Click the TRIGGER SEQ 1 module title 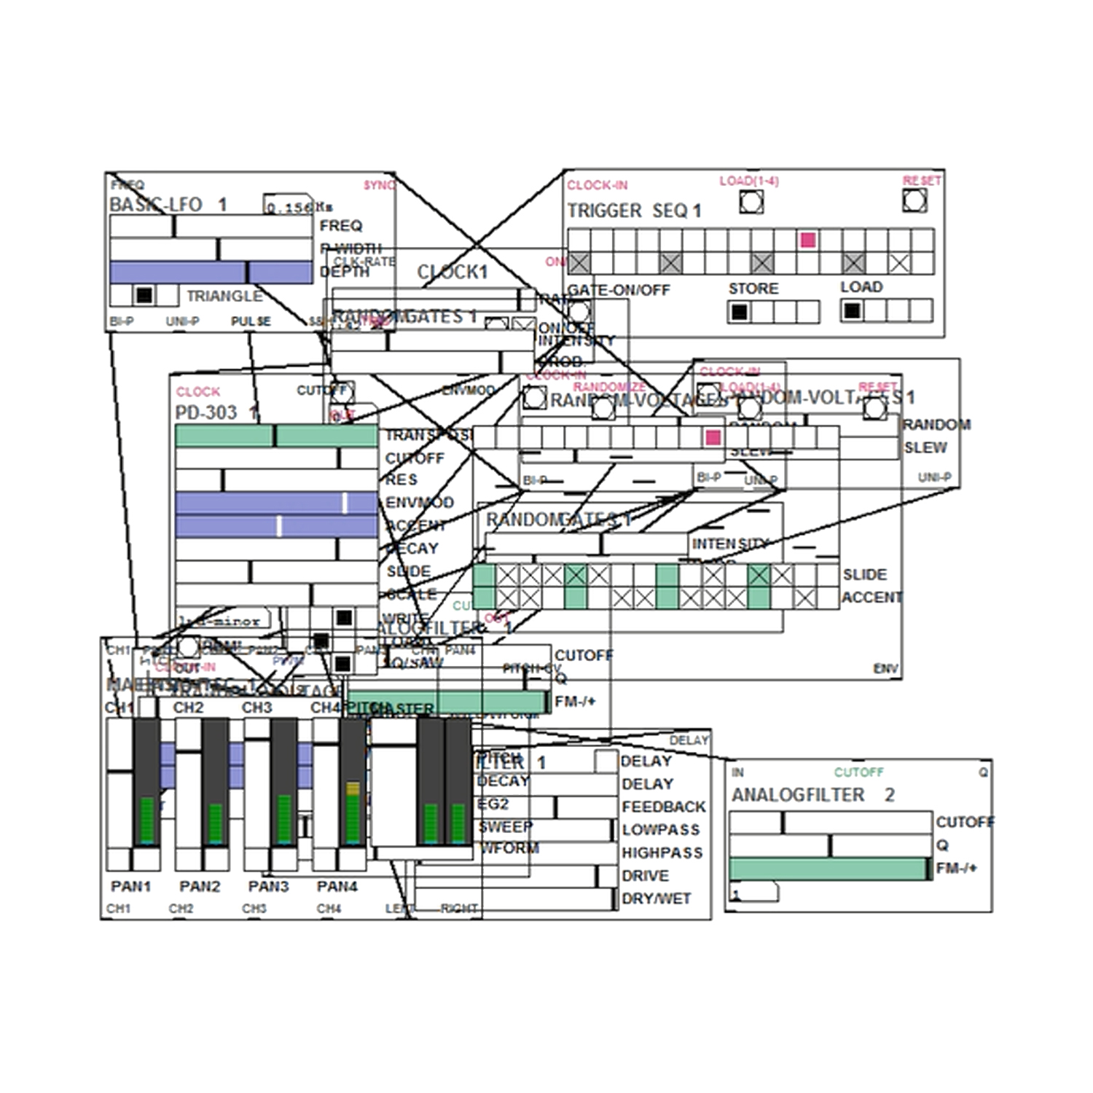[x=634, y=211]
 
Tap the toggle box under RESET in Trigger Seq [x=914, y=200]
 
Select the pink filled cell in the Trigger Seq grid [x=807, y=240]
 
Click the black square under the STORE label [x=739, y=312]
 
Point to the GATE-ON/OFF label [x=619, y=290]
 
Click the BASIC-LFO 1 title [x=168, y=205]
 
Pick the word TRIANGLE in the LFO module [x=224, y=296]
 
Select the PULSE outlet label [x=251, y=321]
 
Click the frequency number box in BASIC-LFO [x=289, y=207]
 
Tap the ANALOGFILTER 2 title [x=812, y=795]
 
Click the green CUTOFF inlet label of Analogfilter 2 [x=858, y=772]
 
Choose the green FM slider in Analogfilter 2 [x=829, y=869]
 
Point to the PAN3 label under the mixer [x=268, y=886]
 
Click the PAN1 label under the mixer [x=130, y=886]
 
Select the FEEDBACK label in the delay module [x=663, y=807]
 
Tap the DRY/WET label [x=656, y=898]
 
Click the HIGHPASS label [x=662, y=853]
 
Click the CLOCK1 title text [x=452, y=272]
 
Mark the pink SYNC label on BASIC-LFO [x=379, y=185]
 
